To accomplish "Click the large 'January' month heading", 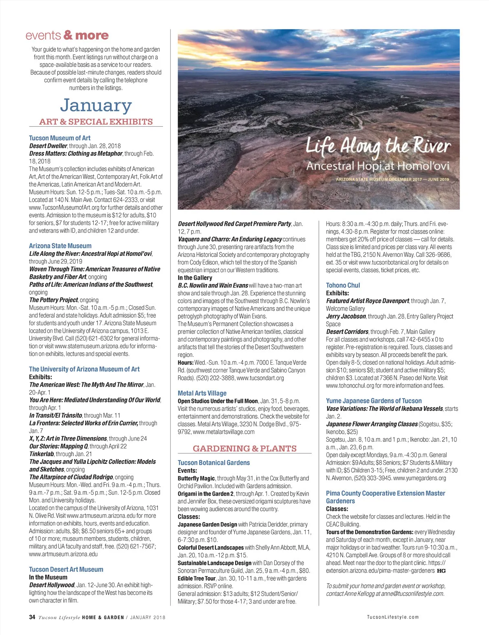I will point(96,106).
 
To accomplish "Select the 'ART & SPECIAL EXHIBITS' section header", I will point(96,121).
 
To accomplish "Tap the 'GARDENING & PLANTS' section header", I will point(244,448).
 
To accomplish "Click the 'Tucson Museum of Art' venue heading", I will point(59,138).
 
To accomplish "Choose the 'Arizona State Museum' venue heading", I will point(60,246).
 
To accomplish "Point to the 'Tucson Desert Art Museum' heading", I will point(66,569).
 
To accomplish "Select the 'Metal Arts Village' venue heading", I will point(202,393).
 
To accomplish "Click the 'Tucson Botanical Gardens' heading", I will point(214,463).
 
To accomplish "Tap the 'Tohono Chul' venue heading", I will point(343,285).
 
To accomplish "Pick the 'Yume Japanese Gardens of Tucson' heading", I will point(374,401).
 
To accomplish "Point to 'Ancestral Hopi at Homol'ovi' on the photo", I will point(378,166).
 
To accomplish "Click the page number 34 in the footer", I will point(32,617).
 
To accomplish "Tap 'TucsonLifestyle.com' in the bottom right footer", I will point(392,617).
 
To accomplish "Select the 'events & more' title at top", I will point(67,35).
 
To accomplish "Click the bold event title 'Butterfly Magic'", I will point(196,478).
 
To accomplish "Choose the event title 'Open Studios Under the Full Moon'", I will point(218,401).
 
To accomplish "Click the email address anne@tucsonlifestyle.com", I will point(412,593).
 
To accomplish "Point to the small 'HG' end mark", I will point(441,571).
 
